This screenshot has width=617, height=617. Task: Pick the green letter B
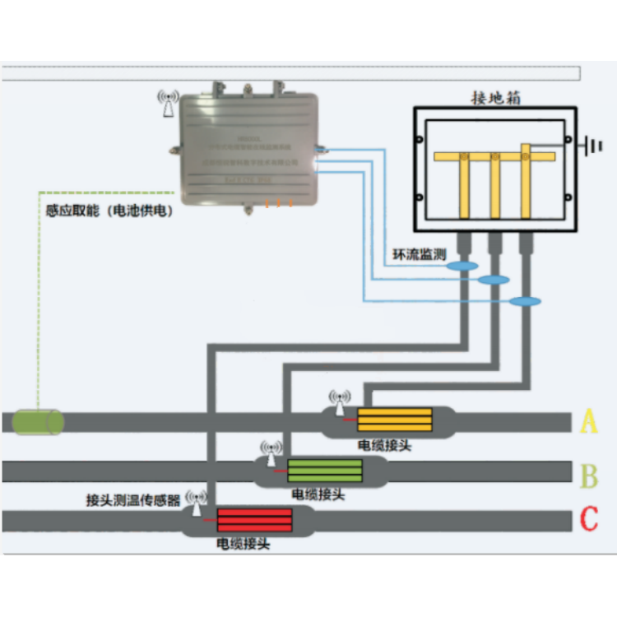pyautogui.click(x=589, y=476)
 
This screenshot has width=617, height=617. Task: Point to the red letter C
pyautogui.click(x=589, y=520)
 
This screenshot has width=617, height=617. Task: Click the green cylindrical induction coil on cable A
pyautogui.click(x=38, y=421)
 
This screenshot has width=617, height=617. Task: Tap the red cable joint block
pyautogui.click(x=254, y=521)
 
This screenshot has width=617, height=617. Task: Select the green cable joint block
pyautogui.click(x=325, y=471)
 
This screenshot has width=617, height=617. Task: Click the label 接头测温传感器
pyautogui.click(x=133, y=499)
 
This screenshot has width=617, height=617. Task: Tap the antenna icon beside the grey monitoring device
pyautogui.click(x=168, y=103)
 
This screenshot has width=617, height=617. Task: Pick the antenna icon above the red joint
pyautogui.click(x=197, y=500)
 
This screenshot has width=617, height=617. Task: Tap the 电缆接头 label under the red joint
pyautogui.click(x=243, y=544)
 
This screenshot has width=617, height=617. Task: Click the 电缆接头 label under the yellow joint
pyautogui.click(x=384, y=445)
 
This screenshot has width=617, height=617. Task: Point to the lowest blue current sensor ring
pyautogui.click(x=525, y=301)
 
